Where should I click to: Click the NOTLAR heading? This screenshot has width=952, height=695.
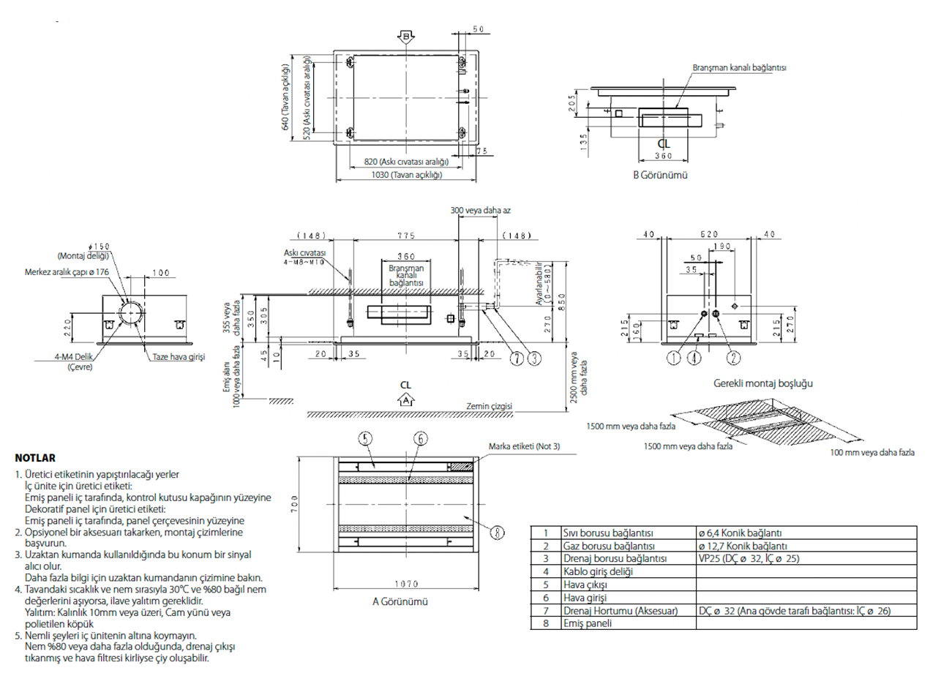tap(35, 458)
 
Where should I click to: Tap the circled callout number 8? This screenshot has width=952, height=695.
tap(497, 533)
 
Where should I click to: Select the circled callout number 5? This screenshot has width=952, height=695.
tap(366, 438)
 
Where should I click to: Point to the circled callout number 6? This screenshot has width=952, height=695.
tap(420, 438)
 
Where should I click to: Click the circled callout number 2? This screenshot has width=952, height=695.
tap(733, 358)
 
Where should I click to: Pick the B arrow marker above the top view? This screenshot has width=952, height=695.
tap(407, 36)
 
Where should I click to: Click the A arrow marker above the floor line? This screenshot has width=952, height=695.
tap(405, 400)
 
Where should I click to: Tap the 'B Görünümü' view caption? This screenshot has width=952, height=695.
tap(660, 175)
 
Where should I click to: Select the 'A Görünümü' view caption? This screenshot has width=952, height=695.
tap(400, 601)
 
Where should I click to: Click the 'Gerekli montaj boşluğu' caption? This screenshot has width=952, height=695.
tap(763, 383)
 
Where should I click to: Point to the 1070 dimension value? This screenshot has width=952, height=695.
tap(406, 584)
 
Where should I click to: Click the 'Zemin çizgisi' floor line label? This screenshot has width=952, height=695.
tap(489, 406)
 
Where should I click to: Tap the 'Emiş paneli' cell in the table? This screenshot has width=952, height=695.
tap(588, 623)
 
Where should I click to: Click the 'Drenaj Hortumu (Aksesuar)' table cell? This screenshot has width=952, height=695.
tap(621, 610)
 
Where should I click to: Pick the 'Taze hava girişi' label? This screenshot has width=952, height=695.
tap(179, 357)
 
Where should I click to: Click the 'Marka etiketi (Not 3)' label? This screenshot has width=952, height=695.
tap(524, 446)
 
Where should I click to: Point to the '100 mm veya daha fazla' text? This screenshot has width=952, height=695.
tap(872, 452)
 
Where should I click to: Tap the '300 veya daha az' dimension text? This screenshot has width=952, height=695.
tap(480, 211)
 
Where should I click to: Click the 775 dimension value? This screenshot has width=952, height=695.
tap(405, 236)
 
